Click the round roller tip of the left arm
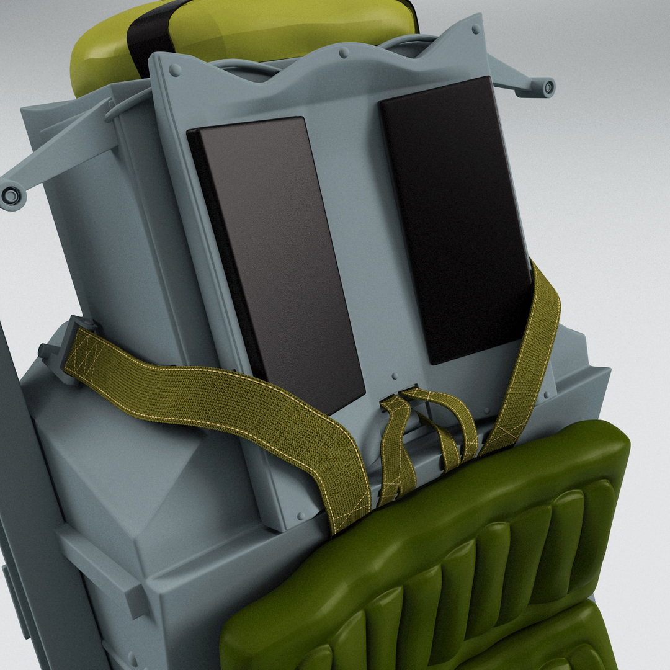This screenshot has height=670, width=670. click(11, 196)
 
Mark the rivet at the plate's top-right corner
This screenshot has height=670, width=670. click(476, 29)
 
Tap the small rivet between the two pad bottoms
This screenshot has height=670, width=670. click(395, 376)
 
